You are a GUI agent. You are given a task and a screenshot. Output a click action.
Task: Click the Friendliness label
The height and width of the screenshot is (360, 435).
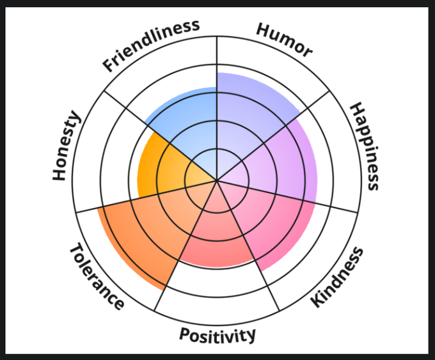(x=152, y=45)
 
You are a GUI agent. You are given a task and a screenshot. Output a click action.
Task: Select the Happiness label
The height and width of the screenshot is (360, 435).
(x=365, y=146)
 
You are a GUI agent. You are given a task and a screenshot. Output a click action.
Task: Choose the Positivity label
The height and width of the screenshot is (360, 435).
(x=217, y=334)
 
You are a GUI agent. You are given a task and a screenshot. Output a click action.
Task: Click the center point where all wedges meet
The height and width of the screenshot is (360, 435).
(x=217, y=180)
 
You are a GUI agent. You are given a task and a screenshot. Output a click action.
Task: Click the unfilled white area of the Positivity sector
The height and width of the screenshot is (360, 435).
(x=217, y=281)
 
